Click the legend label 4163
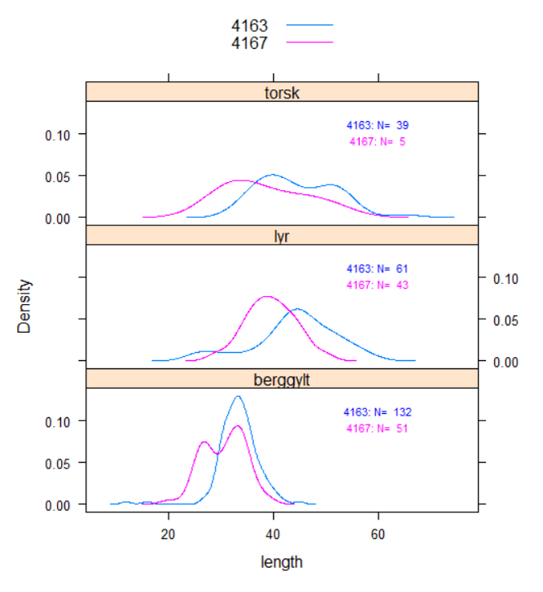[250, 27]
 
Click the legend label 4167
[250, 43]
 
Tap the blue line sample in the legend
[309, 26]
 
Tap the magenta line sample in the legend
[309, 42]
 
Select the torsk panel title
[282, 92]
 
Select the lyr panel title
[282, 235]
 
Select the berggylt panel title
[282, 379]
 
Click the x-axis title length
[282, 562]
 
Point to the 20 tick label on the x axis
[169, 535]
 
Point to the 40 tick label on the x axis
[274, 535]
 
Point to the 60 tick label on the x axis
[379, 535]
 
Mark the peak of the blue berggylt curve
[238, 397]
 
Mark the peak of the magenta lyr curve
[268, 297]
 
